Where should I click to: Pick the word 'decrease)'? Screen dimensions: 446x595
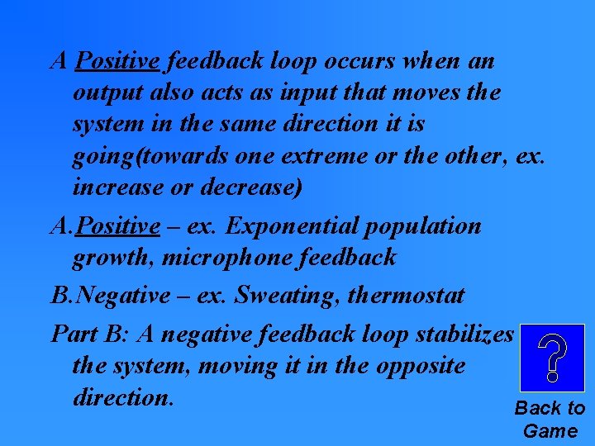point(254,187)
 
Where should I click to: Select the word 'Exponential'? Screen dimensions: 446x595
point(286,225)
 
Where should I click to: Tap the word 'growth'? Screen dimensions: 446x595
point(111,258)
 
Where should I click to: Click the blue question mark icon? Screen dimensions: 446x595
point(551,358)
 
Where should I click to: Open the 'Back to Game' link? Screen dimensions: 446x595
point(550,419)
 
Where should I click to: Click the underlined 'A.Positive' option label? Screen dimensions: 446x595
point(105,225)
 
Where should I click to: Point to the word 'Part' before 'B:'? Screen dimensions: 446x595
point(74,334)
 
